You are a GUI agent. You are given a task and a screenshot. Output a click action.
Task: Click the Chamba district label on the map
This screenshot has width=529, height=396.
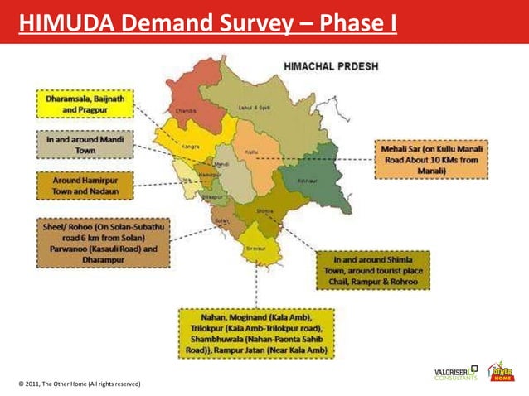click(185, 109)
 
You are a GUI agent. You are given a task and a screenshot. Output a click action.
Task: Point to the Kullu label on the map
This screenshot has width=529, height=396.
click(252, 153)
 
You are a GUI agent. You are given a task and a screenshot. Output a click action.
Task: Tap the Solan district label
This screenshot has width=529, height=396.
click(221, 222)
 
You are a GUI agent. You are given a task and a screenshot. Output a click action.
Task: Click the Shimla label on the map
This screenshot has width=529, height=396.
click(264, 210)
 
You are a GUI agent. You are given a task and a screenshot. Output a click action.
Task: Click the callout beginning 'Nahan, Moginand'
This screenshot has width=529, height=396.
click(256, 332)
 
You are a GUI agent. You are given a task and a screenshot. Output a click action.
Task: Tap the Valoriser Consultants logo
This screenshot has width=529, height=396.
click(455, 374)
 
